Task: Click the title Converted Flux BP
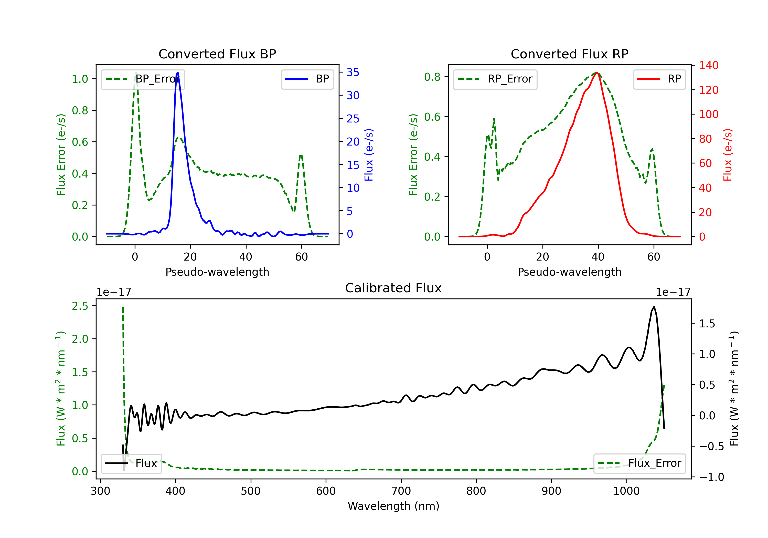[x=217, y=54]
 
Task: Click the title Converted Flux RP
[x=569, y=54]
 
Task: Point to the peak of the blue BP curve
[x=177, y=73]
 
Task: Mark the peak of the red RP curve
[x=597, y=73]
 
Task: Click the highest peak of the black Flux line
[x=654, y=307]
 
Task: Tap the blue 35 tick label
[x=353, y=72]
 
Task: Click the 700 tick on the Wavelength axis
[x=401, y=491]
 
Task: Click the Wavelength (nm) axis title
[x=393, y=506]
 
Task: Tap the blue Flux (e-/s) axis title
[x=369, y=155]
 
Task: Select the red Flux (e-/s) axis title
[x=728, y=155]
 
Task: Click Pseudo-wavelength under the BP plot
[x=217, y=272]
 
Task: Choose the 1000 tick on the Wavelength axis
[x=626, y=491]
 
